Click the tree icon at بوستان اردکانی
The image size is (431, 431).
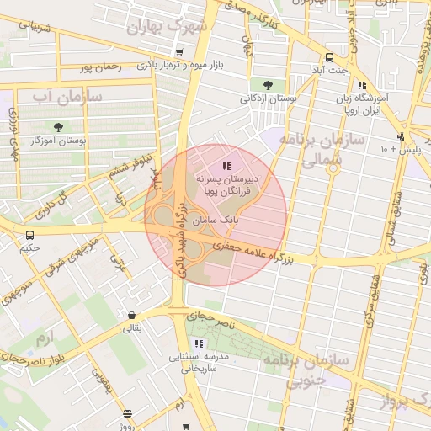(268, 85)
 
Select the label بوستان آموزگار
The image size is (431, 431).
(59, 141)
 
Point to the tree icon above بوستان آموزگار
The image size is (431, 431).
(58, 127)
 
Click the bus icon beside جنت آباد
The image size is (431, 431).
(329, 58)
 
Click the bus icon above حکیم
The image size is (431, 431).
(30, 235)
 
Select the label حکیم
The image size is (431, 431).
(30, 248)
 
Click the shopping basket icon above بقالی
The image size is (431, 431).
(132, 316)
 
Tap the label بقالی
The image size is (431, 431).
(133, 328)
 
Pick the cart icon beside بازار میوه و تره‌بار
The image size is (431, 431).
(179, 52)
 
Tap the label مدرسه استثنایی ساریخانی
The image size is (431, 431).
(200, 362)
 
